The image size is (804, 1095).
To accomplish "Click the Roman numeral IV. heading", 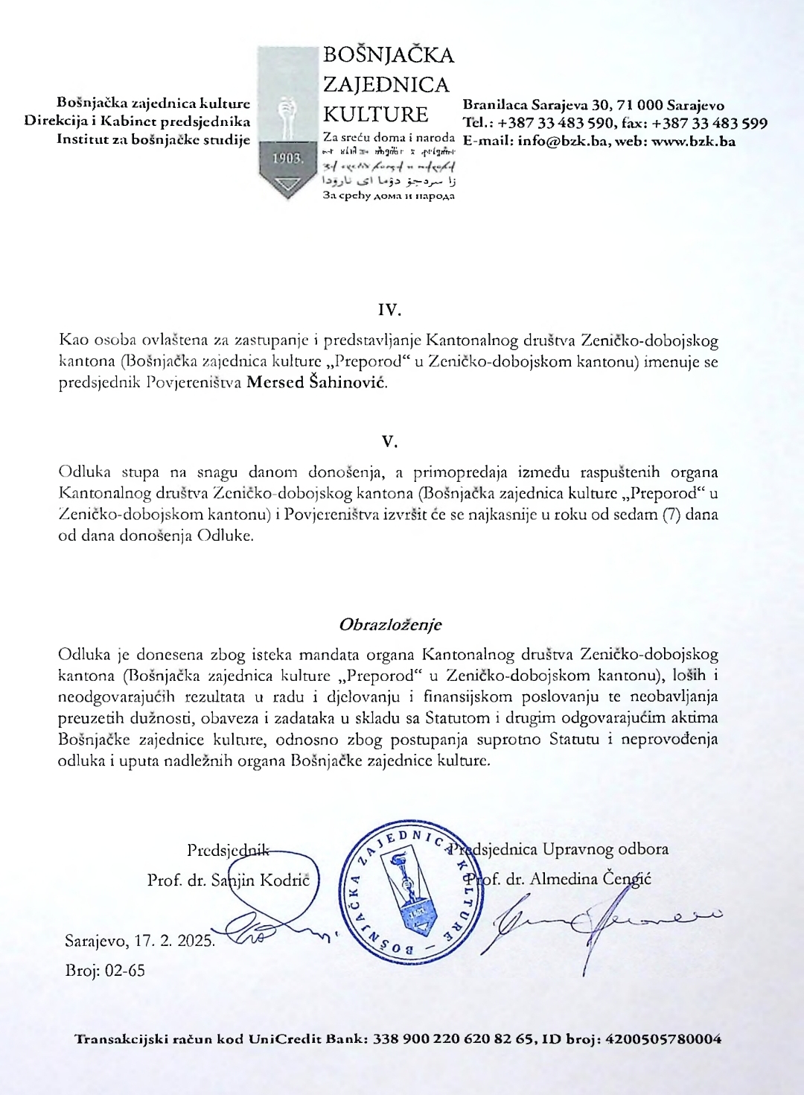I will (x=389, y=311).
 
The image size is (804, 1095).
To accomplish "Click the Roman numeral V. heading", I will (x=389, y=442).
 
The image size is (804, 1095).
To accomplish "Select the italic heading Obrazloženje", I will (x=390, y=624).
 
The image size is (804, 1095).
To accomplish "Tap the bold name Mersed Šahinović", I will (x=316, y=383).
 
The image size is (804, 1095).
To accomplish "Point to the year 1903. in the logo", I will (x=287, y=159).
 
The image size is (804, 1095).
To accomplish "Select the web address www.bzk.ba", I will (x=693, y=141).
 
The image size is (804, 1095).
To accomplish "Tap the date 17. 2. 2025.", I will (x=174, y=940).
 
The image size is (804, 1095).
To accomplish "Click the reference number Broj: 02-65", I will (x=105, y=970).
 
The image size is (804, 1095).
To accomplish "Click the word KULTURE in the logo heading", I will (x=375, y=115).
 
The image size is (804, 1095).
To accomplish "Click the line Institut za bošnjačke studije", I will (x=153, y=139).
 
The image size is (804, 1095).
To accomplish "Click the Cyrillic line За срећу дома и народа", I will (x=389, y=196).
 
